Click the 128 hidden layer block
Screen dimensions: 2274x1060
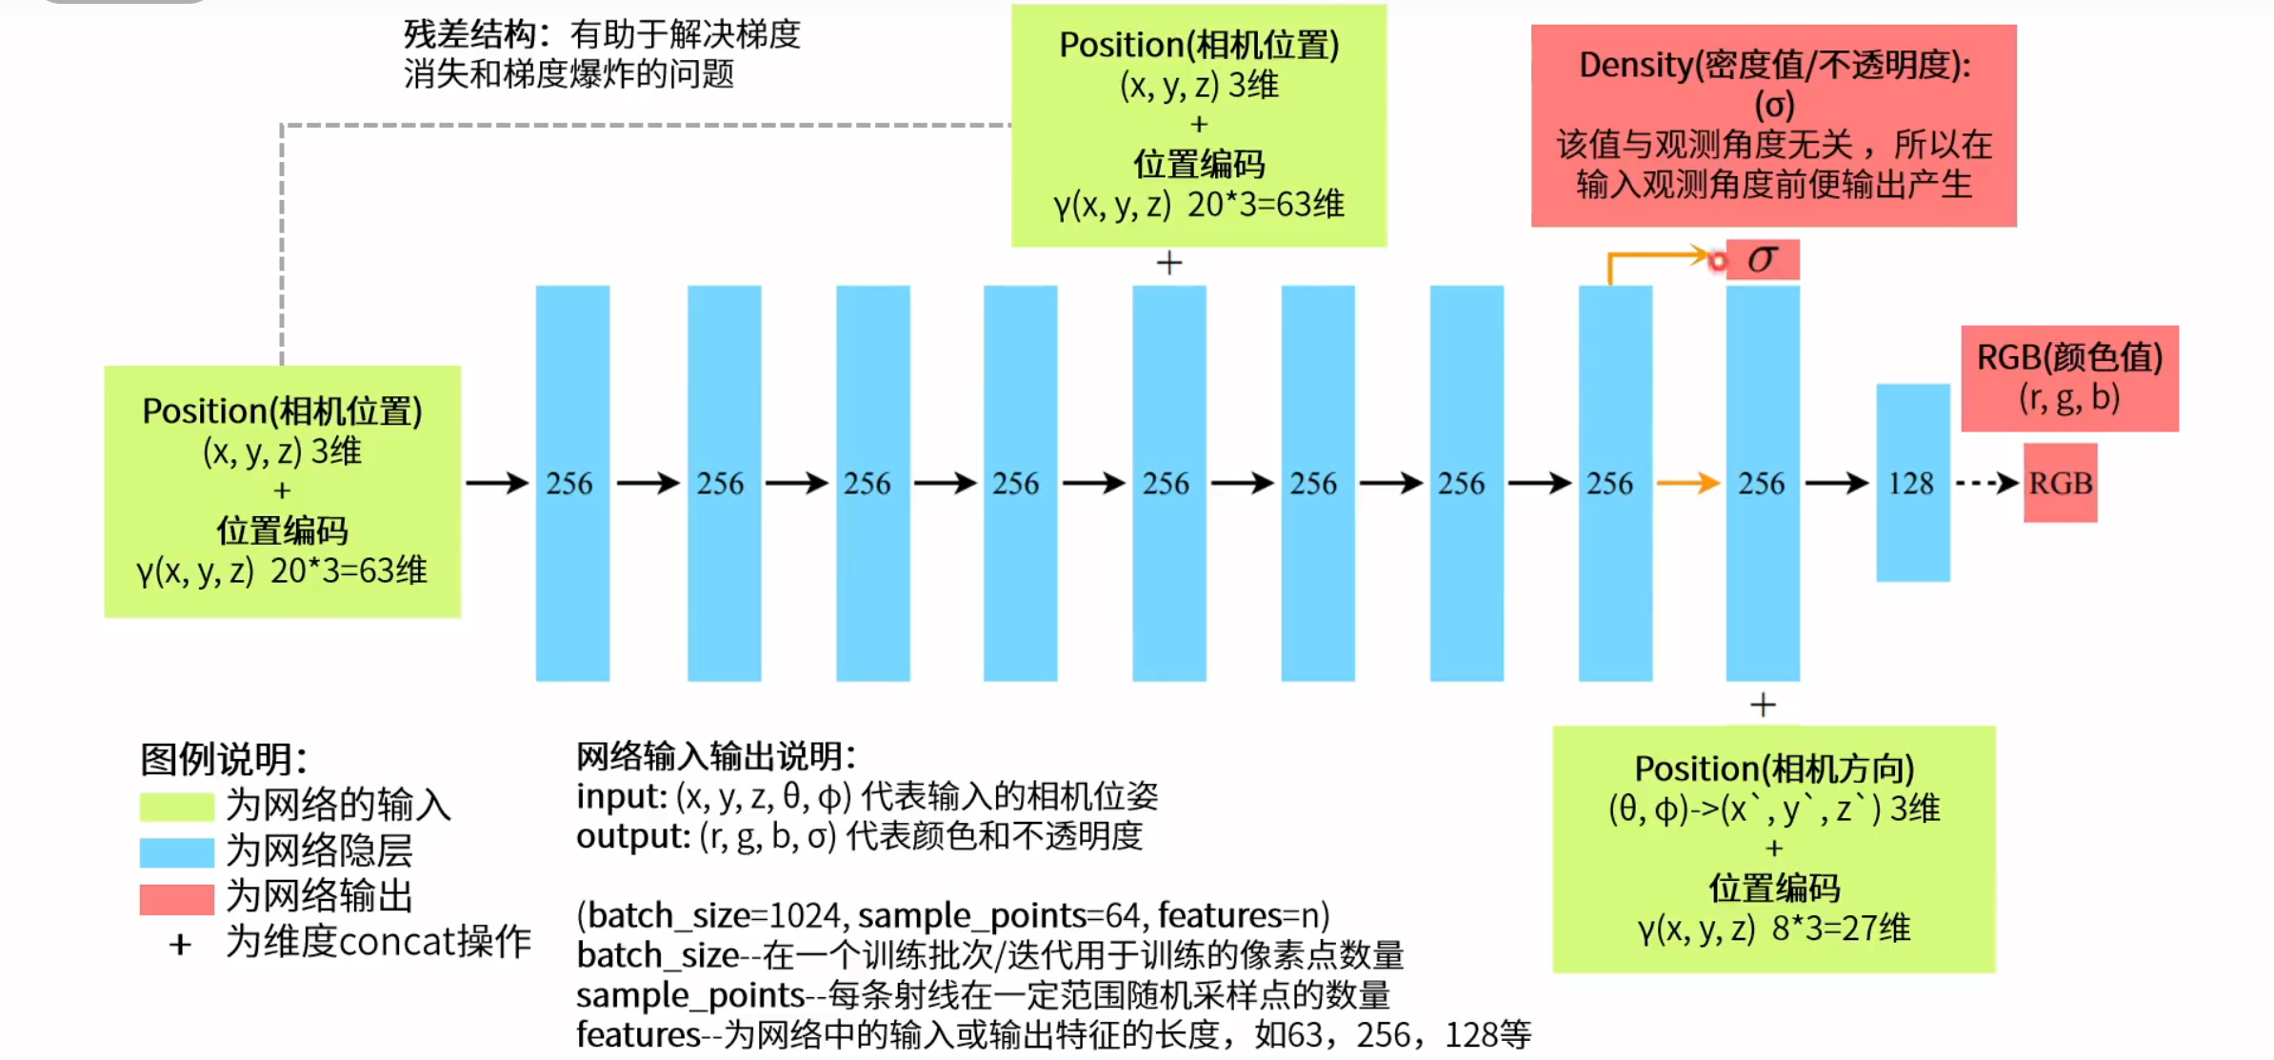click(1912, 482)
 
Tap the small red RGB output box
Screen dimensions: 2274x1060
click(2060, 483)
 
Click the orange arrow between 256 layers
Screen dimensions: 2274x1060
click(1688, 483)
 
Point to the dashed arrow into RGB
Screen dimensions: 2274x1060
click(1987, 483)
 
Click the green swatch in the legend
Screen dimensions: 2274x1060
click(176, 806)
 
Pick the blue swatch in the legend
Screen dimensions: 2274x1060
click(176, 851)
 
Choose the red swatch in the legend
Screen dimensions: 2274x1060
click(176, 898)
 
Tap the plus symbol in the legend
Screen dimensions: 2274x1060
click(180, 944)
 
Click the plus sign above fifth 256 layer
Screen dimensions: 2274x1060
click(1169, 262)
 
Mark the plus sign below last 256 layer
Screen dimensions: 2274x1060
click(1763, 705)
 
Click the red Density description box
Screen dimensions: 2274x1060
click(1773, 126)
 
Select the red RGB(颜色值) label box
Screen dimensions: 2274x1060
click(2069, 378)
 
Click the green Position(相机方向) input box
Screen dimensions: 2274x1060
click(1773, 849)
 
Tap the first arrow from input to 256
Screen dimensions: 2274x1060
click(497, 483)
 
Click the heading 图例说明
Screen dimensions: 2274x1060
click(224, 759)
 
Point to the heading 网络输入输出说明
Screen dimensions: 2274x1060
click(715, 756)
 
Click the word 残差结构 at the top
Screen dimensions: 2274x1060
click(469, 34)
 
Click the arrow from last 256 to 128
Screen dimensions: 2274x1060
click(1837, 483)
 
